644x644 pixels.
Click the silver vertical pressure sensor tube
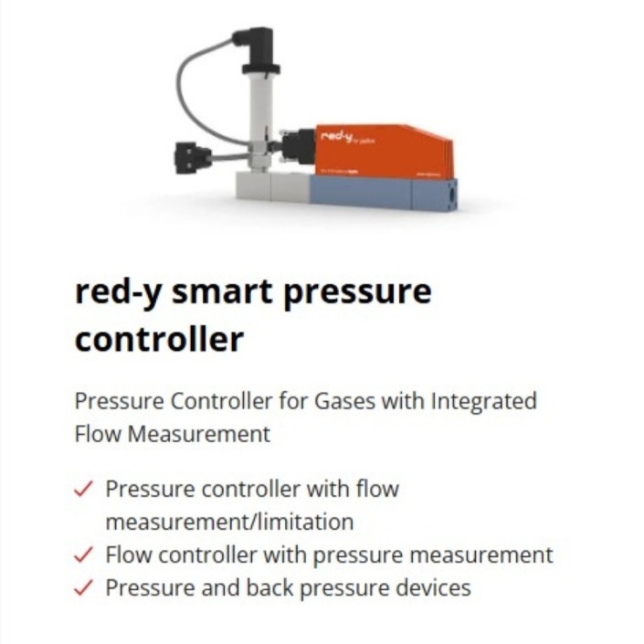coord(259,114)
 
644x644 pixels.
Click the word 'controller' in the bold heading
coord(158,339)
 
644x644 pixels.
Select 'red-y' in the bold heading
coord(115,291)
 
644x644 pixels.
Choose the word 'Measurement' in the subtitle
coord(200,434)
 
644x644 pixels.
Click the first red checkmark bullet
coord(83,489)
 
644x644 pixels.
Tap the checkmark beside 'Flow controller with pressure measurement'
coord(83,554)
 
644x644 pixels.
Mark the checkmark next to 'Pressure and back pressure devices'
coord(83,587)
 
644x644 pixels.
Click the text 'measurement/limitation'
coord(228,522)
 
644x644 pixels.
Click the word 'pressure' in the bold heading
coord(358,291)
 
